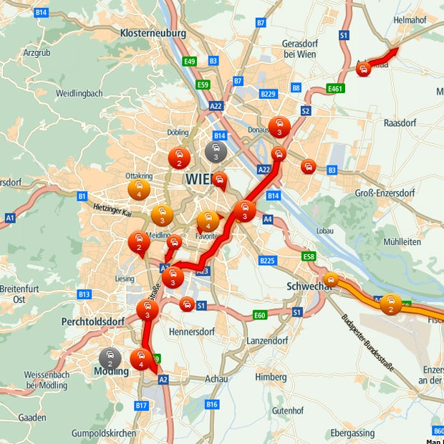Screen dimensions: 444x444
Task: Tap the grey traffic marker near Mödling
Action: click(x=110, y=357)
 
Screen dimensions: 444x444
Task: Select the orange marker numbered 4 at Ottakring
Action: click(x=138, y=190)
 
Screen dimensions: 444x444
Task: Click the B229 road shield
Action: click(x=269, y=94)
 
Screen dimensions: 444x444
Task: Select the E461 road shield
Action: click(x=334, y=88)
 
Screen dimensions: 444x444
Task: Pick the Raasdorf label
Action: click(x=400, y=122)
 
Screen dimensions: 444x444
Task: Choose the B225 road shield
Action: click(x=268, y=260)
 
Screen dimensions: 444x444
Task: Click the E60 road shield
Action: click(x=259, y=315)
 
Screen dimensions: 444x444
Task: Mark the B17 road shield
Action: click(x=141, y=406)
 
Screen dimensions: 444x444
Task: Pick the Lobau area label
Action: click(x=325, y=231)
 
